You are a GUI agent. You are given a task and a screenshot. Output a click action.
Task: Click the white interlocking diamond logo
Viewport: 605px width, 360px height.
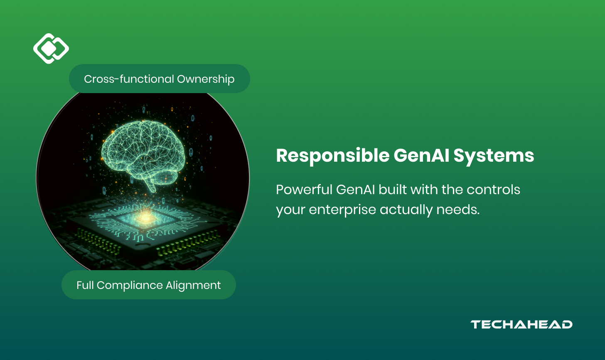[x=51, y=49]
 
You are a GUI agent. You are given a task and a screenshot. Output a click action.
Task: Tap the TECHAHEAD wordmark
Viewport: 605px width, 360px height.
[x=521, y=325]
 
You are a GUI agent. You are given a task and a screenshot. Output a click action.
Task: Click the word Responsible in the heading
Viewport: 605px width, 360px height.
[x=332, y=156]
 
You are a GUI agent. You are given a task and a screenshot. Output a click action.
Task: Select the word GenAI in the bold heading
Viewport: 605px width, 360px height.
[x=421, y=155]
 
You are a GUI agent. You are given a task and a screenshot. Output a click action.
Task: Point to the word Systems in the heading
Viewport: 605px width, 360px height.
[x=494, y=156]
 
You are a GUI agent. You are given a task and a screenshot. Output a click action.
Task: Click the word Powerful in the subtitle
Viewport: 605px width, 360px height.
[x=304, y=190]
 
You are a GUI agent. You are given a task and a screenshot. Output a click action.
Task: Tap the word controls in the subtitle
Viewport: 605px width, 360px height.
[x=493, y=190]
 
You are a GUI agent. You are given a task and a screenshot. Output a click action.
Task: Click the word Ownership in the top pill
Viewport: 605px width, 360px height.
[x=206, y=79]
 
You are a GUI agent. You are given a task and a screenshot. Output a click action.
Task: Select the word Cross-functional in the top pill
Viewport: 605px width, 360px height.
[x=129, y=79]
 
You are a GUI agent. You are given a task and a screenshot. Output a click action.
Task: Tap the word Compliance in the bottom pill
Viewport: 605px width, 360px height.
[x=129, y=286]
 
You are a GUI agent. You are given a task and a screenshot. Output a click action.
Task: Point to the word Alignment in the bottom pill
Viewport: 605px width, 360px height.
[x=193, y=286]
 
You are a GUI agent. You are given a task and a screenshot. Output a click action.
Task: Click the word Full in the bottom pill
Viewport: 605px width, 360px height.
[x=85, y=285]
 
